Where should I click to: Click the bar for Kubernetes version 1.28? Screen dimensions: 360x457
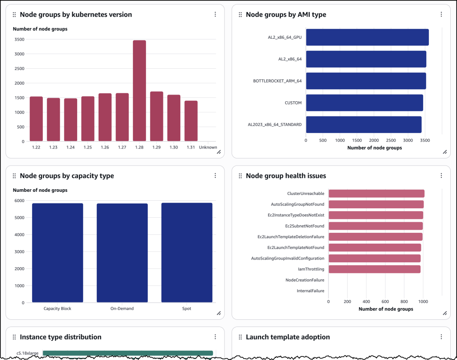coord(139,91)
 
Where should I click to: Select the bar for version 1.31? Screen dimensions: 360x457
coord(191,121)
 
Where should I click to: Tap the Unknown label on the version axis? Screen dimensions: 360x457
coord(208,147)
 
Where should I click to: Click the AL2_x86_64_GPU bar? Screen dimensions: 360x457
coord(367,37)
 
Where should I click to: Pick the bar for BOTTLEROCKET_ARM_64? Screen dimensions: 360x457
coord(366,81)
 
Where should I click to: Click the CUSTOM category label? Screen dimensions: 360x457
coord(293,103)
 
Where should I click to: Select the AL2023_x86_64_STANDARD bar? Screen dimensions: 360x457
coord(363,124)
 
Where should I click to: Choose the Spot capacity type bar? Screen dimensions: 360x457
coord(187,252)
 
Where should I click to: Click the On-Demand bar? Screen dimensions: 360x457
coord(122,253)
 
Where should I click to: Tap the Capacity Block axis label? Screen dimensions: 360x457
coord(57,309)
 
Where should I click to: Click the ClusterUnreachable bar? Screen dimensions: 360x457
coord(376,194)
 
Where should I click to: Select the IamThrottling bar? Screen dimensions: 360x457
coord(374,269)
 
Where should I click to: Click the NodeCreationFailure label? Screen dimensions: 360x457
coord(305,280)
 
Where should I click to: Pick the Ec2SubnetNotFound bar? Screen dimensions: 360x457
coord(375,226)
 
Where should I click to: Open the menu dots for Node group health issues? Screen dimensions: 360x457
coord(441,176)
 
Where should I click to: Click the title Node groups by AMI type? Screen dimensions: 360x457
coord(286,15)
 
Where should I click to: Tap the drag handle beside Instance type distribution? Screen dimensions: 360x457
coord(14,337)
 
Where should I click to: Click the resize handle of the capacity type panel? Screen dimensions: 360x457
coord(219,313)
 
